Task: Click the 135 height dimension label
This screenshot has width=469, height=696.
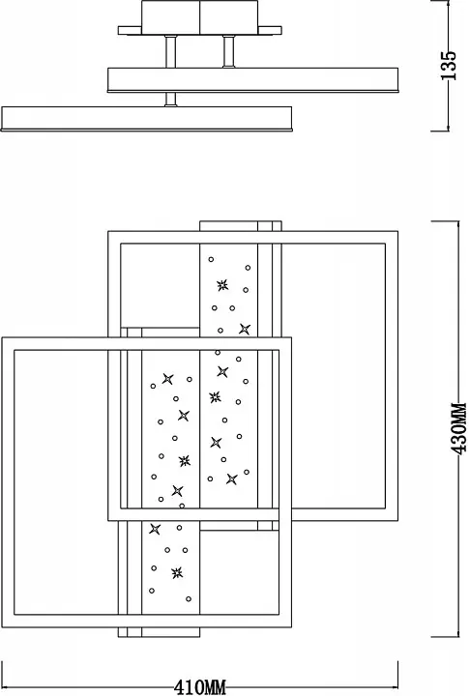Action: [x=449, y=65]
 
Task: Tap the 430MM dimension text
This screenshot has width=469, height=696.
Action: [x=458, y=428]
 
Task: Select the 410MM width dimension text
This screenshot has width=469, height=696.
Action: [x=200, y=687]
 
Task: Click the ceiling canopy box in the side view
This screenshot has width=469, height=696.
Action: [x=200, y=17]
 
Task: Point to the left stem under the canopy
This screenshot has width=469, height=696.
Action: [x=170, y=51]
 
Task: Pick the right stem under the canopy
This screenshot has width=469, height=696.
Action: [x=229, y=51]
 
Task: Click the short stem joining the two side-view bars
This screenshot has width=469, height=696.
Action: [x=170, y=100]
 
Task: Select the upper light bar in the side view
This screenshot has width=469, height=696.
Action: [x=252, y=80]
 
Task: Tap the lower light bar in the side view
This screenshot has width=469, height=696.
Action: [x=147, y=119]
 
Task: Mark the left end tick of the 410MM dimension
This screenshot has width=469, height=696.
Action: [x=3, y=675]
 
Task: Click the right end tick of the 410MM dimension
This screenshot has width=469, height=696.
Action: [x=397, y=675]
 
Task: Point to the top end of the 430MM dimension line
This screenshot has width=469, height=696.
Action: [x=458, y=221]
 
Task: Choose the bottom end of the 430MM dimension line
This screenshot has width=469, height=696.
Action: [x=458, y=637]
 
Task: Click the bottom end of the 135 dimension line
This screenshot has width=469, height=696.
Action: [x=449, y=130]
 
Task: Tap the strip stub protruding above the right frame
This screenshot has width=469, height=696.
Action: [x=240, y=226]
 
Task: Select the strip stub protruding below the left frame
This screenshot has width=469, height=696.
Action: [x=159, y=632]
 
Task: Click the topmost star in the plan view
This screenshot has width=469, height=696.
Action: [x=222, y=285]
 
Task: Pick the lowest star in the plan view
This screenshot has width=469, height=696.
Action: [x=177, y=572]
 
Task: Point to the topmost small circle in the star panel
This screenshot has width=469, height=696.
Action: [x=211, y=259]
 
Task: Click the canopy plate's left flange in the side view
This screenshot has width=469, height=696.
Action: [x=130, y=30]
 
